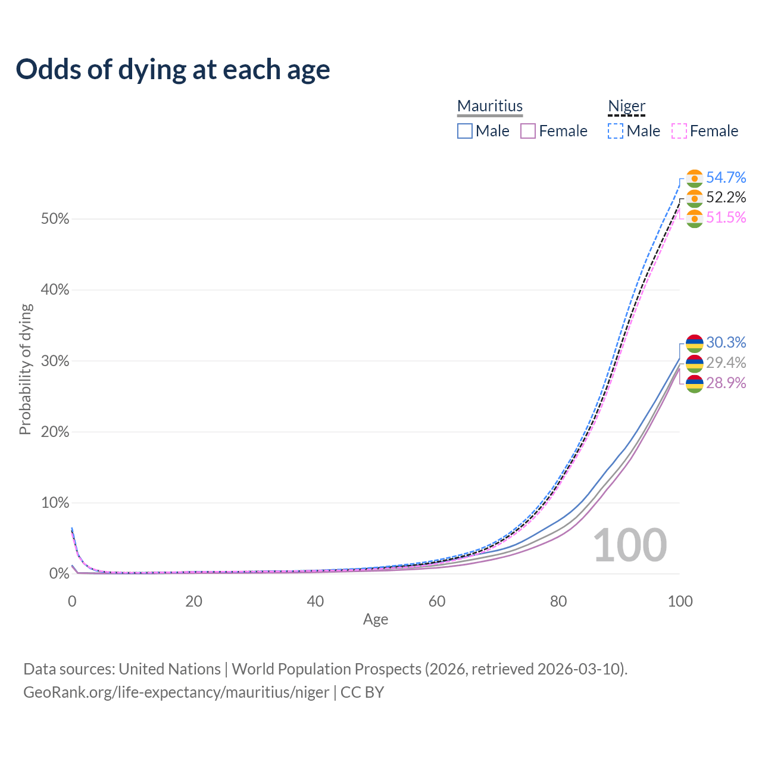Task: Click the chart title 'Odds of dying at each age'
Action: coord(173,70)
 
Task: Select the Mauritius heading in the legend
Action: coord(490,106)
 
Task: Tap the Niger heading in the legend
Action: coord(626,106)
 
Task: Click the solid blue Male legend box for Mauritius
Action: coord(465,131)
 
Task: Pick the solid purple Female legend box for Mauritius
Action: coord(528,131)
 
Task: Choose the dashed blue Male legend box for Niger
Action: coord(616,131)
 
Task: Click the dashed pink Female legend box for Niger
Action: coord(679,131)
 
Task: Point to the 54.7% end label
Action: coord(726,177)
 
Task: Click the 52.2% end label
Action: coord(726,197)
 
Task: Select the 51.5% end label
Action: coord(726,217)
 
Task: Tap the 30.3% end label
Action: coord(726,342)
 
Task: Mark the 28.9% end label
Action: coord(726,383)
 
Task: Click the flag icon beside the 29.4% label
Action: coord(695,363)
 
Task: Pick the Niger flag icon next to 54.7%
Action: coord(695,178)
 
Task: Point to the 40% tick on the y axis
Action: coord(55,290)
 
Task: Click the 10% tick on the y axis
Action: coord(55,503)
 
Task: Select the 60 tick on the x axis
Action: coord(437,601)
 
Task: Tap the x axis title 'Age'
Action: coord(376,620)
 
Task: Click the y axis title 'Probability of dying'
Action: coord(25,369)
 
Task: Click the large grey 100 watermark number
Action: coord(630,545)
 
